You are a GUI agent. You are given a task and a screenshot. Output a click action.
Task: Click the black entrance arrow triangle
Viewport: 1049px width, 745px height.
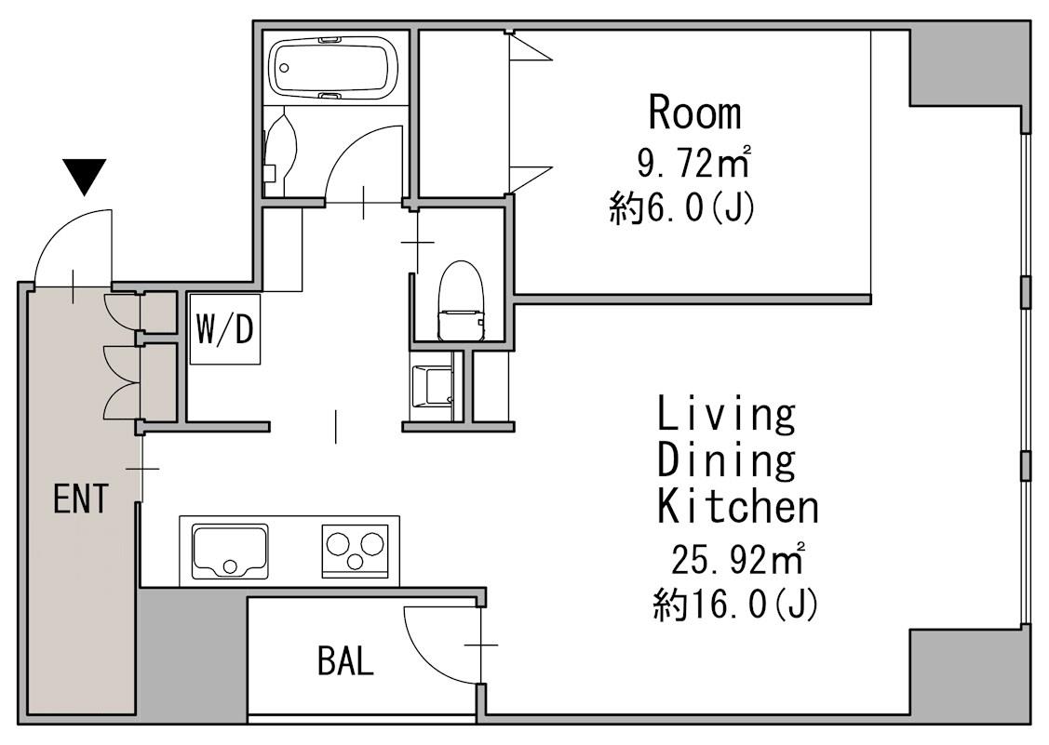(84, 175)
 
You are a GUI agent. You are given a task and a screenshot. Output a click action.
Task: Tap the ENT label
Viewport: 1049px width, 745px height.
(80, 499)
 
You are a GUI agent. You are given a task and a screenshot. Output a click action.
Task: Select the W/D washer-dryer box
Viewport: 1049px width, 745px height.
(225, 329)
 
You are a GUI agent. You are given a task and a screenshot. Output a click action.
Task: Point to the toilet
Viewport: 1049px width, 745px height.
(460, 299)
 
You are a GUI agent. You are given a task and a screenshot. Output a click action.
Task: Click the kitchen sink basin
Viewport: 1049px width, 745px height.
(230, 551)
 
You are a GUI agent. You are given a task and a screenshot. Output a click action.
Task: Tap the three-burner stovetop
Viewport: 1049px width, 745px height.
(356, 550)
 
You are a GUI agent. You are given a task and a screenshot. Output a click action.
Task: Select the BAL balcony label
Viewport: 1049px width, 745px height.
(345, 661)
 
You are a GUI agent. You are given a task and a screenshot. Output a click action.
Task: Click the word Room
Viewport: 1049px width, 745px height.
(695, 113)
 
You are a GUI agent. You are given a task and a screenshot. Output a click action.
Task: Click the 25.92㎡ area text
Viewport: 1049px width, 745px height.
(736, 560)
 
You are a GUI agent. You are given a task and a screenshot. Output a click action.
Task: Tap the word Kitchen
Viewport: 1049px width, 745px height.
(738, 506)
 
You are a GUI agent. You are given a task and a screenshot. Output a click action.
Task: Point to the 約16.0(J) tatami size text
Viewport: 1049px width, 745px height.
(736, 605)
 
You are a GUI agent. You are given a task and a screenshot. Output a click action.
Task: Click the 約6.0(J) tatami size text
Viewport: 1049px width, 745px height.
(682, 208)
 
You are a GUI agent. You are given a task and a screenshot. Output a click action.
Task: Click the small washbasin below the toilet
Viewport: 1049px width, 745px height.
(432, 386)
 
